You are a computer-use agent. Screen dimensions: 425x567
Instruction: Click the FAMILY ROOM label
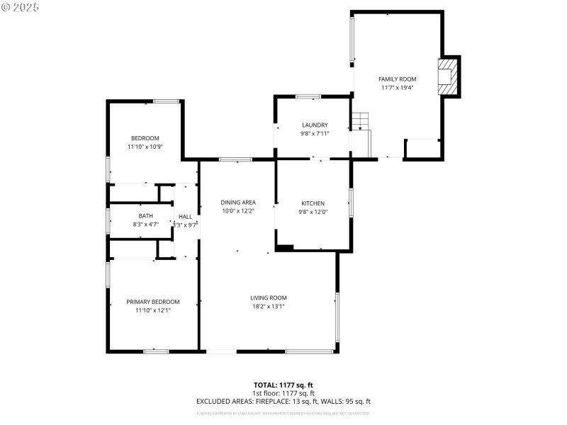[397, 79]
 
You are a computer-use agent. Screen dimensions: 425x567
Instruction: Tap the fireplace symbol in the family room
[447, 75]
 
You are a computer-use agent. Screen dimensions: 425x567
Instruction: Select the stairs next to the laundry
[361, 122]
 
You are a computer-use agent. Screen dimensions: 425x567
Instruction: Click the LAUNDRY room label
[314, 125]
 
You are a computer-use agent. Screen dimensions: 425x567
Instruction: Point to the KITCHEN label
[313, 203]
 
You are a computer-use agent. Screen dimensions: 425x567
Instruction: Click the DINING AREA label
[237, 203]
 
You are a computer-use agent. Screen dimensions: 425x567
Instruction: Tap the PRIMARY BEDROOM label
[152, 301]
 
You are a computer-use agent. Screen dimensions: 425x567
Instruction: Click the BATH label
[145, 216]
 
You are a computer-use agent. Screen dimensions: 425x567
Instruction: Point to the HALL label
[185, 217]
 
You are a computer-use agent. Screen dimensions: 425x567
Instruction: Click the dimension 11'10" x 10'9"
[145, 147]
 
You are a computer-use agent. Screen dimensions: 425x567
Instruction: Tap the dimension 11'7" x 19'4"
[397, 88]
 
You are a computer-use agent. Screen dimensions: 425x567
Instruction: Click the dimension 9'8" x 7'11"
[314, 133]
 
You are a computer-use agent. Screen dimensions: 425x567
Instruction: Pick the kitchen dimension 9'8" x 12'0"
[313, 212]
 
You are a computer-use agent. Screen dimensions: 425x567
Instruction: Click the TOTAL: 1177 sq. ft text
[283, 385]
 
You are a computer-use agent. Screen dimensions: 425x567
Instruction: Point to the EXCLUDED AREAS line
[283, 401]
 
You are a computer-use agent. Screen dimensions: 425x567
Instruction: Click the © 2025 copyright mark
[21, 7]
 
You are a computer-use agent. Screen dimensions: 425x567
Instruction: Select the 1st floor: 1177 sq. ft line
[283, 393]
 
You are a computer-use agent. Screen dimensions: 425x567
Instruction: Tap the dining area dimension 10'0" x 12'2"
[237, 211]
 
